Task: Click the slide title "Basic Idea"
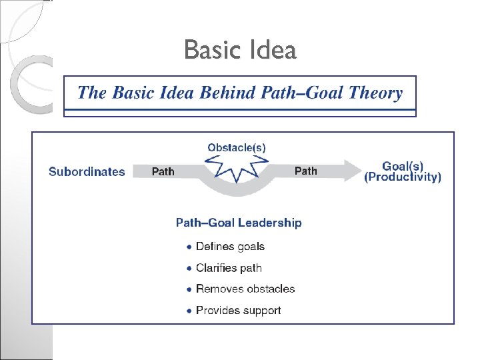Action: [x=240, y=50]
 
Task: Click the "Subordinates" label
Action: [x=87, y=171]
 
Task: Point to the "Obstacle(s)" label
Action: [x=237, y=147]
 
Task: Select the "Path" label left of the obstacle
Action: [x=163, y=171]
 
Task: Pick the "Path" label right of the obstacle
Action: [x=306, y=171]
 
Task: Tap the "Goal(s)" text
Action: [x=403, y=165]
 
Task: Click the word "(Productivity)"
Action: [x=403, y=177]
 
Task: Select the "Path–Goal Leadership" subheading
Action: [x=239, y=223]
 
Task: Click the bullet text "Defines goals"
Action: [x=230, y=247]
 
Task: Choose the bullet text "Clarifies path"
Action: [x=229, y=268]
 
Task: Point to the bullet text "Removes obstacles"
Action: [x=245, y=289]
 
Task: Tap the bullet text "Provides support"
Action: [x=238, y=310]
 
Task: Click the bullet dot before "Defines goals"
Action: [x=189, y=247]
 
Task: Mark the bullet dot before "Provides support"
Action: [x=189, y=311]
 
